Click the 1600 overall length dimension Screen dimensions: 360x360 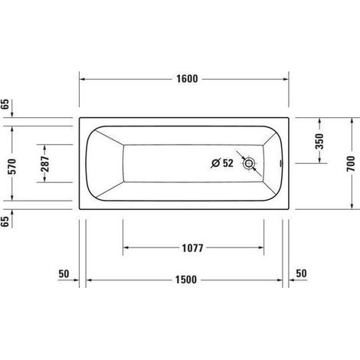click(x=187, y=79)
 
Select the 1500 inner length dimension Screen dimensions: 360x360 click(x=186, y=280)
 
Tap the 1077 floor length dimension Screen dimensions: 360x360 click(x=192, y=248)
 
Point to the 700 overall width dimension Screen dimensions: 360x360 click(x=352, y=164)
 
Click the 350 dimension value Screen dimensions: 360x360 click(x=319, y=141)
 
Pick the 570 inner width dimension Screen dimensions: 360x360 click(x=12, y=166)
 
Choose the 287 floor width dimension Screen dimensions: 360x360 click(x=44, y=164)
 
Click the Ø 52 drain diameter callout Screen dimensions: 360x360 click(x=222, y=163)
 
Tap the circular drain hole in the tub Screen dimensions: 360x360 click(x=249, y=163)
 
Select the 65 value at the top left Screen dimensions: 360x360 click(x=5, y=104)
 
